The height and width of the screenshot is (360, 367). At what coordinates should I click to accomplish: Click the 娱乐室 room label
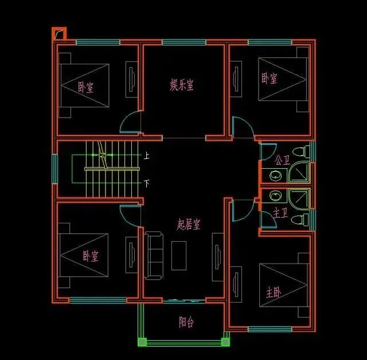(181, 86)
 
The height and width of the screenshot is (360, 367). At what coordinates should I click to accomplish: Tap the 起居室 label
(188, 224)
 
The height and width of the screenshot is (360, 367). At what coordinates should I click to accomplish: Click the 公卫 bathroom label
(282, 160)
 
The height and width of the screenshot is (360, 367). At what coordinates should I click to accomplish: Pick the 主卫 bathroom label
(280, 213)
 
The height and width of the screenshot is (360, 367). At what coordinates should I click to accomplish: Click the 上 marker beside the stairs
(147, 156)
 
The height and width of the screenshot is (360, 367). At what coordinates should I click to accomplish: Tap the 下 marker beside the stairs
(147, 184)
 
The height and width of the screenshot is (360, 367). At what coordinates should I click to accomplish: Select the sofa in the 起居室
(153, 256)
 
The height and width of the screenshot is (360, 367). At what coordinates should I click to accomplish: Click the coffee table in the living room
(179, 256)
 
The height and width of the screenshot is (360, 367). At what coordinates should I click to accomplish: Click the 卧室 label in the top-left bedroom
(85, 87)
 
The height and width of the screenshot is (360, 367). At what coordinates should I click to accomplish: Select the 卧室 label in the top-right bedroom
(270, 78)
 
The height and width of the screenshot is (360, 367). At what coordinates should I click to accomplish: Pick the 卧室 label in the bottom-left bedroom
(90, 256)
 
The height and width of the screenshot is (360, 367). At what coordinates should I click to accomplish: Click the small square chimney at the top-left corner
(59, 34)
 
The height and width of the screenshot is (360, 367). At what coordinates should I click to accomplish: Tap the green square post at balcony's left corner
(142, 343)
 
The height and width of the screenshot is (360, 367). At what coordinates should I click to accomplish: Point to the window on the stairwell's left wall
(55, 168)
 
